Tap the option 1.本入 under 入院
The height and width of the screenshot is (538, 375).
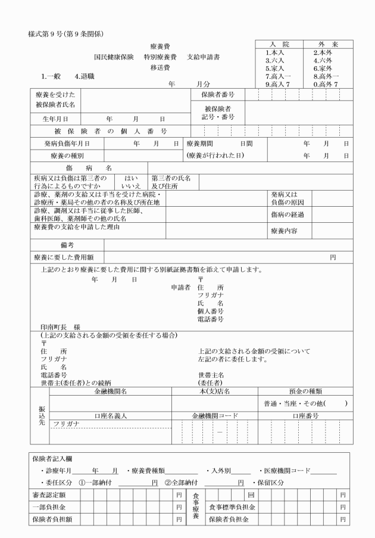click(274, 52)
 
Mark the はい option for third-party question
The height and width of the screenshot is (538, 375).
click(131, 178)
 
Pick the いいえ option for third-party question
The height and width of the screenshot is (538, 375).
click(131, 186)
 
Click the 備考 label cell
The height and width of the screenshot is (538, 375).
click(67, 245)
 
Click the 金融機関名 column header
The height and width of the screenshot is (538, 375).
click(111, 391)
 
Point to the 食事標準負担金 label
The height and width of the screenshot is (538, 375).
click(232, 507)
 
